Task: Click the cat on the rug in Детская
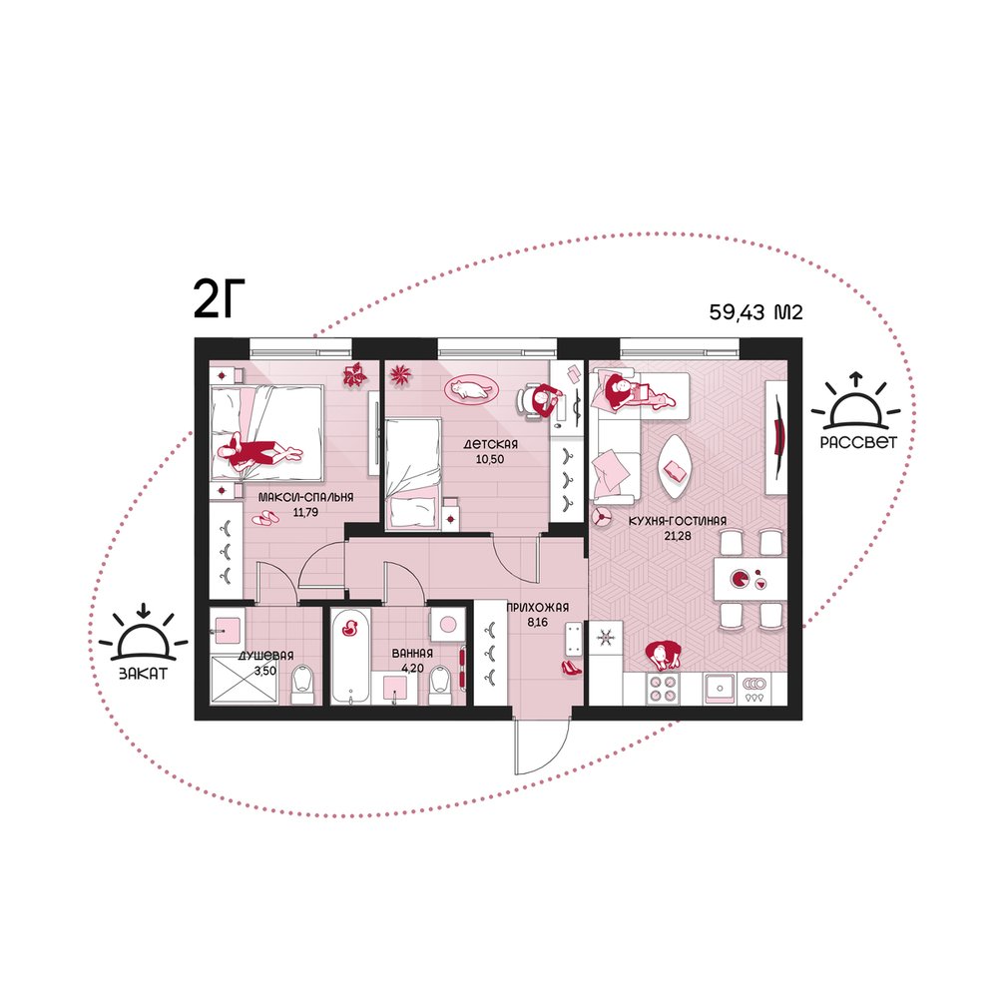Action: tap(468, 388)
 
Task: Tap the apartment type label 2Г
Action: tap(219, 299)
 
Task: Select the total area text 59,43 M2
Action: tap(756, 312)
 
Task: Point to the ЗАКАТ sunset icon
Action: tap(143, 642)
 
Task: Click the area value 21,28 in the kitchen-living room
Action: tap(678, 536)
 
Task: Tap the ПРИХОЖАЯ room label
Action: tap(537, 607)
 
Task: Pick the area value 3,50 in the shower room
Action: tap(264, 671)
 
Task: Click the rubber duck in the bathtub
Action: tap(349, 628)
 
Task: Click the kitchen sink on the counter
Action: tap(721, 689)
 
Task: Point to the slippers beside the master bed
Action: tap(265, 517)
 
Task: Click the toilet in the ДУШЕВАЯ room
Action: tap(302, 685)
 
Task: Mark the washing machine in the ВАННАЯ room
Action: tap(447, 624)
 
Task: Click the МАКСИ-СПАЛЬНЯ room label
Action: tap(305, 497)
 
